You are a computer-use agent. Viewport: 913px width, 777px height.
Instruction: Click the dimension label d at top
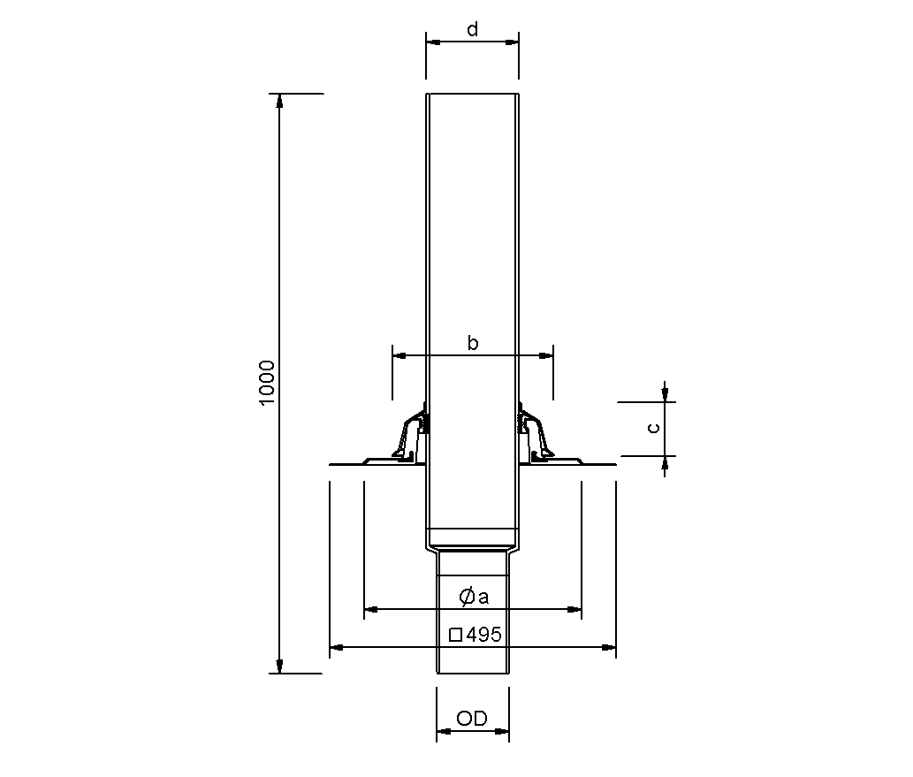[473, 29]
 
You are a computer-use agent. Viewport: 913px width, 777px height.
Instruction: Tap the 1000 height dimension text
[269, 383]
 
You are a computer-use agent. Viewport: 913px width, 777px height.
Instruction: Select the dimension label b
[473, 343]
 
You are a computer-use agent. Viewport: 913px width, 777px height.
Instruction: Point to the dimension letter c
[652, 428]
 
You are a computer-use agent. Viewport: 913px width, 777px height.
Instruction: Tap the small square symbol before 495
[455, 634]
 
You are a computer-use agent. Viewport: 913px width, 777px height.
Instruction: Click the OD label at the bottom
[473, 719]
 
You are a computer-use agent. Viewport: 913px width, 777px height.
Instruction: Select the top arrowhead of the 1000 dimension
[280, 100]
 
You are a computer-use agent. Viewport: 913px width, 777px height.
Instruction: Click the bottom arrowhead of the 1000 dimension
[280, 667]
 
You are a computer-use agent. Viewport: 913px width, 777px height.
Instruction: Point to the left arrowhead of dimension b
[399, 355]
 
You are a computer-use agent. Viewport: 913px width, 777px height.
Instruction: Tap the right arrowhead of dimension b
[547, 355]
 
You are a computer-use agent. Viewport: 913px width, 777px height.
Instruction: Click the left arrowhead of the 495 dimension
[336, 648]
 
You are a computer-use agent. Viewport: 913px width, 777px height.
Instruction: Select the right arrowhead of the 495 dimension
[609, 648]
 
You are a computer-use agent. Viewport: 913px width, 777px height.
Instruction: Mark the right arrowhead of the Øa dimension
[574, 609]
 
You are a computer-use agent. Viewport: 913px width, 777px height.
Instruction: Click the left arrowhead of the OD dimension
[443, 731]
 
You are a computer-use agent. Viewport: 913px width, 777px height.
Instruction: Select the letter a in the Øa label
[483, 598]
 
